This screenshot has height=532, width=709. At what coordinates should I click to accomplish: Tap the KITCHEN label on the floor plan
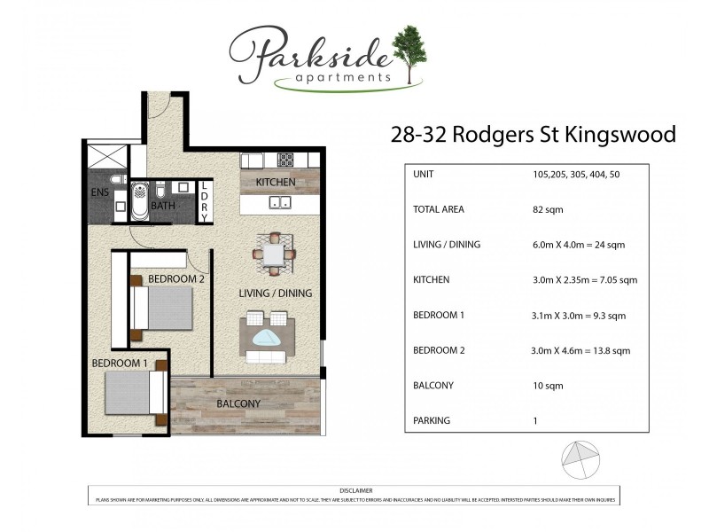276,183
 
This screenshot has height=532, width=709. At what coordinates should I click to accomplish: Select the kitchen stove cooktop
285,160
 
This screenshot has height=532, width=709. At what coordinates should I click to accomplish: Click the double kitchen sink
280,203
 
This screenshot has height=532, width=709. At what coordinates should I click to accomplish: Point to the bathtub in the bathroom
140,201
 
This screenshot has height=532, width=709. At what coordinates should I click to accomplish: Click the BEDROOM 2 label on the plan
176,278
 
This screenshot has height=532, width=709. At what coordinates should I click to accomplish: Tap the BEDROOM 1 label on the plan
121,364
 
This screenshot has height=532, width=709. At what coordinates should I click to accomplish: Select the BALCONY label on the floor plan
238,404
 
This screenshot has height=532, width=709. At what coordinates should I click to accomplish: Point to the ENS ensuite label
99,192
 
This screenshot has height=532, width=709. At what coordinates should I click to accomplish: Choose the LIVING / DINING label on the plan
276,293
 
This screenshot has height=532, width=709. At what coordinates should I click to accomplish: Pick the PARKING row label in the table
432,420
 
